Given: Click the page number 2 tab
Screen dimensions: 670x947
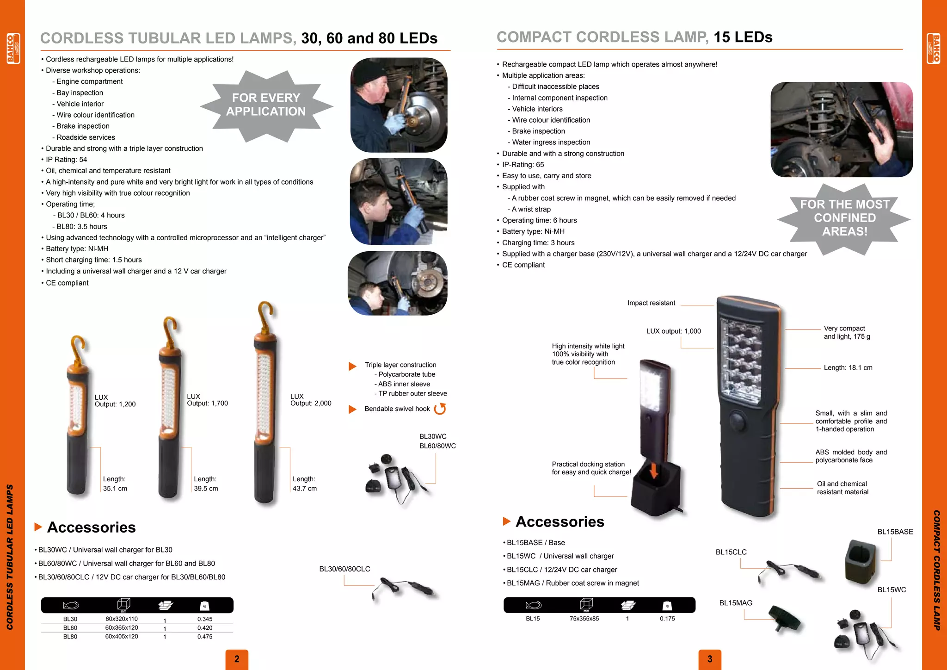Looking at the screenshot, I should (237, 659).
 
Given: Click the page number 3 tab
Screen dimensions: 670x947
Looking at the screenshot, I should (710, 659).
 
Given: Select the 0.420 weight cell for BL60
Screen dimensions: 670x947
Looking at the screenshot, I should (205, 628).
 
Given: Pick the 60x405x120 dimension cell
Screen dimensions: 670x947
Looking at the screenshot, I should (122, 637).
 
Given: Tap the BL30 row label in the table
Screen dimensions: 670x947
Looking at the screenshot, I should (70, 619).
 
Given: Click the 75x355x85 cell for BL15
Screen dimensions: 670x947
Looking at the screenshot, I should (584, 619).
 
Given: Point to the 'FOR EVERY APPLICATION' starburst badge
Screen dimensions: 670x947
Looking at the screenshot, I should (266, 105).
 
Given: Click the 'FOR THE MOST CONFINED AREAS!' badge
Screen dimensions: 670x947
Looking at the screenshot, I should (844, 218).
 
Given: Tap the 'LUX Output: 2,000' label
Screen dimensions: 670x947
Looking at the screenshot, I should (311, 400).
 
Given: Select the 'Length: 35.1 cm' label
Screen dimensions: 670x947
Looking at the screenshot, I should (115, 484).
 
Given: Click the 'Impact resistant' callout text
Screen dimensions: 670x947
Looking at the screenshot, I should (651, 303).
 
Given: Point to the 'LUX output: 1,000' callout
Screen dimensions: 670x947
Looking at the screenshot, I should (673, 331).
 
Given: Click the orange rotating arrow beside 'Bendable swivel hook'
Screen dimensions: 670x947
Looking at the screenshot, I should (440, 409).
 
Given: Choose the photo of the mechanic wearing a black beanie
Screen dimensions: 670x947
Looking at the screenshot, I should (399, 105).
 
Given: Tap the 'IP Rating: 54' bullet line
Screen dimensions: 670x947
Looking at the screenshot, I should (66, 160).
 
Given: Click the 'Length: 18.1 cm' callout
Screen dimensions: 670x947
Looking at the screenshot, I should (848, 368).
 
